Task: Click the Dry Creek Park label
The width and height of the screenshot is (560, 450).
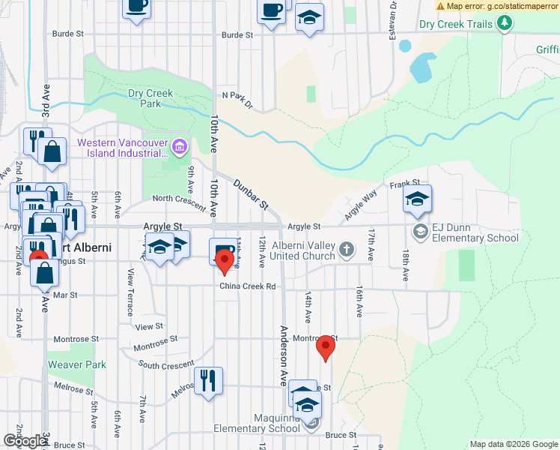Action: coord(150,98)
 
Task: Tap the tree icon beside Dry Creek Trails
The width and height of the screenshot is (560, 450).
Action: coord(506,24)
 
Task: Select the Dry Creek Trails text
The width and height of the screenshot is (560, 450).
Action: coord(456,24)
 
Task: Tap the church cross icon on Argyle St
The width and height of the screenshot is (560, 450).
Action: coord(346,248)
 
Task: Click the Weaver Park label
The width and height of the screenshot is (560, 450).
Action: coord(77,364)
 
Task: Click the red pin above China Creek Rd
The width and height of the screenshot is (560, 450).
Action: coord(224,262)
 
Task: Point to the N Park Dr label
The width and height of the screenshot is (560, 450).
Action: coord(238,99)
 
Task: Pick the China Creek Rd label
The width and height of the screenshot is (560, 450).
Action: coord(247,286)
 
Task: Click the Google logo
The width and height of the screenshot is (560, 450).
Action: coord(25,441)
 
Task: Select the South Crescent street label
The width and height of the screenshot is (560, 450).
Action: coord(166,365)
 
